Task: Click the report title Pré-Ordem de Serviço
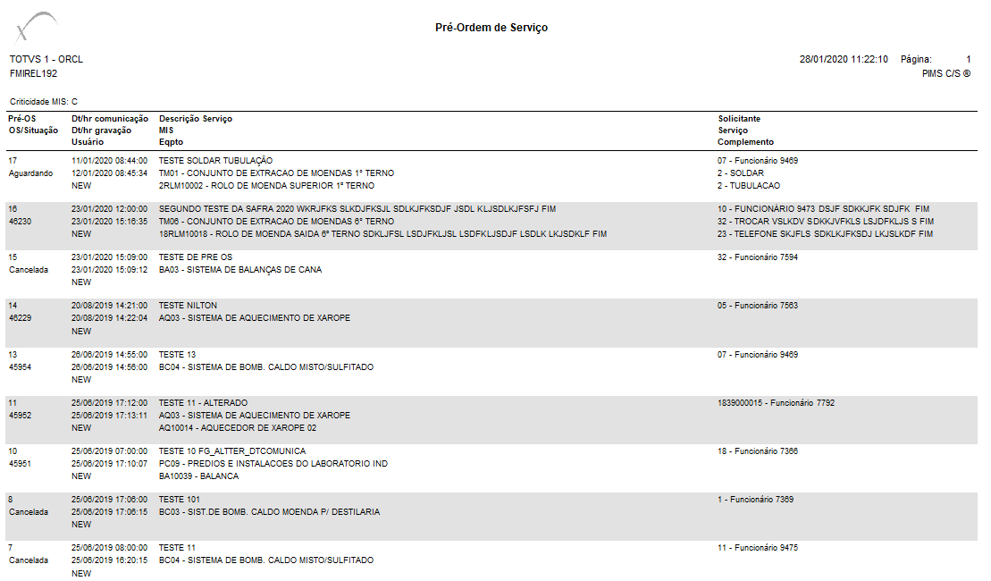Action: [491, 28]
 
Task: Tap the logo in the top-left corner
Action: [37, 27]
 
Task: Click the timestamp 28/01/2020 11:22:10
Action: [844, 59]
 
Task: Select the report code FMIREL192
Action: [33, 73]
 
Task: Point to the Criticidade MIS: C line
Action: [44, 102]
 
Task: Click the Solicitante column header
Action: [739, 118]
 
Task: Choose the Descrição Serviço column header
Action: [195, 118]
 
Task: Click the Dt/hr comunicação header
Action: [109, 118]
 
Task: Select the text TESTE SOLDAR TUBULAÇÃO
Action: [215, 161]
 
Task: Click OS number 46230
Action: [21, 222]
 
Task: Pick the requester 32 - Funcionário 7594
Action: [758, 257]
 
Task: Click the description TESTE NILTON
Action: [188, 306]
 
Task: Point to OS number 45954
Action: [21, 367]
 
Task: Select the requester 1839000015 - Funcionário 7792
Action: [776, 403]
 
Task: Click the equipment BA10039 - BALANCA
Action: [198, 476]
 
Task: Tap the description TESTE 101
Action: [179, 500]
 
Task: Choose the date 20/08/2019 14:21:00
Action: [109, 306]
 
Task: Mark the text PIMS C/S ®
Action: [946, 73]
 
